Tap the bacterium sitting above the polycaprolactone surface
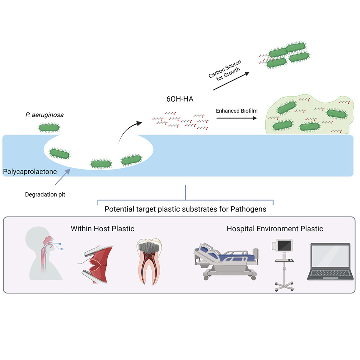tap(50, 127)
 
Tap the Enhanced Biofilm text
tap(237, 111)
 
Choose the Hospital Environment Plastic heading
tap(275, 228)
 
